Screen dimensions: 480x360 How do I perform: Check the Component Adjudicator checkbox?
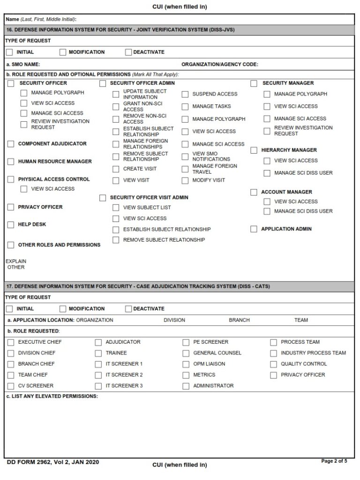[x=10, y=144]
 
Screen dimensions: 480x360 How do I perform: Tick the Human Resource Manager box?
[x=10, y=162]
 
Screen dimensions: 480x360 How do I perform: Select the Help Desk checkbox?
[x=10, y=225]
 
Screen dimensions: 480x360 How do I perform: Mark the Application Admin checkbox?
[x=254, y=229]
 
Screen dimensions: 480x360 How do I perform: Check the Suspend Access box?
[x=185, y=95]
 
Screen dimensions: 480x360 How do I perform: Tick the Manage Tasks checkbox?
[x=185, y=107]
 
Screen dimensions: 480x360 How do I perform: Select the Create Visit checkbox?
[x=116, y=169]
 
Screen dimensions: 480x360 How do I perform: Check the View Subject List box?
[x=116, y=208]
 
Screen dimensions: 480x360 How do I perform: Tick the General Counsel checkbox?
[x=186, y=354]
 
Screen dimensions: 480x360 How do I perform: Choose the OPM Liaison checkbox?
[x=186, y=364]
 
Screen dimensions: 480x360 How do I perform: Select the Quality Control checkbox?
[x=273, y=364]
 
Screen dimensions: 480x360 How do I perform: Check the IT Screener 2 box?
[x=98, y=375]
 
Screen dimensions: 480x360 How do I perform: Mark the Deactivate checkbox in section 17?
[x=128, y=309]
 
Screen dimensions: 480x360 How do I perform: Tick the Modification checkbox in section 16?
[x=63, y=52]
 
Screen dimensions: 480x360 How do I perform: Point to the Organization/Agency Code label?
[x=219, y=65]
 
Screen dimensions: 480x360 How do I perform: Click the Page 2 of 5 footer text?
[x=334, y=461]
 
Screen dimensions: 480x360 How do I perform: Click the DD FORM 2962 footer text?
[x=53, y=462]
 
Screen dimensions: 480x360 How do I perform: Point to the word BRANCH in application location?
[x=239, y=320]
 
